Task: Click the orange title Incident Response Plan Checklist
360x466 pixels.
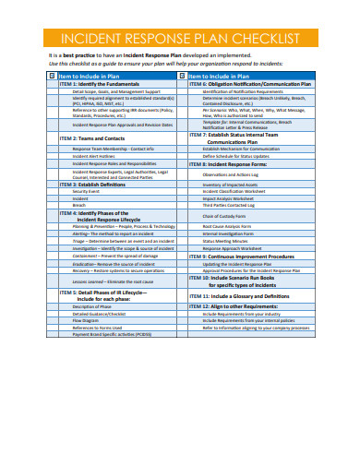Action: (x=179, y=40)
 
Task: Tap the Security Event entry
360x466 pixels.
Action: (x=88, y=191)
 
